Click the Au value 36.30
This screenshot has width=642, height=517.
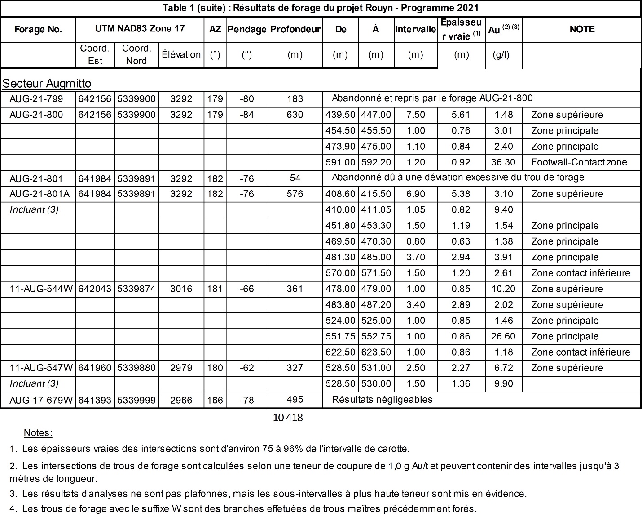click(503, 162)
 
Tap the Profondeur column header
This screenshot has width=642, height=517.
click(295, 30)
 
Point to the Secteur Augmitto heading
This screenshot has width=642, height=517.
click(47, 84)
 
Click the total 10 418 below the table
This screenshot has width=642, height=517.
click(288, 418)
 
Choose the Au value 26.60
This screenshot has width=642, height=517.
click(503, 336)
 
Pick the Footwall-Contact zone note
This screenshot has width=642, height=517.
click(579, 162)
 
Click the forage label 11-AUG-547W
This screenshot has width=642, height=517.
click(41, 368)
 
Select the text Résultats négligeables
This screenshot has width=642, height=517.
click(382, 400)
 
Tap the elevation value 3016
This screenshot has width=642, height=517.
click(181, 289)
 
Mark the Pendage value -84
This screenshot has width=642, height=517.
click(246, 115)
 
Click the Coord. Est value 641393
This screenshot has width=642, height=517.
click(95, 400)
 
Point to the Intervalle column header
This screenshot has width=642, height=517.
click(415, 30)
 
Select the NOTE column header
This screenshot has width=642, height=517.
click(582, 29)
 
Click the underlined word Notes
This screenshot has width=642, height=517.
click(38, 433)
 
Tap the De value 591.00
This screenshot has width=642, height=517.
click(340, 162)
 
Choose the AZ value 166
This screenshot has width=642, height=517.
click(215, 400)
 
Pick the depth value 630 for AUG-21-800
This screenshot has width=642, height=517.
click(295, 115)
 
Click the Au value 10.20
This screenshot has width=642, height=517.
click(503, 289)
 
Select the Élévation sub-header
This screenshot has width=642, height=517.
click(181, 55)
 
